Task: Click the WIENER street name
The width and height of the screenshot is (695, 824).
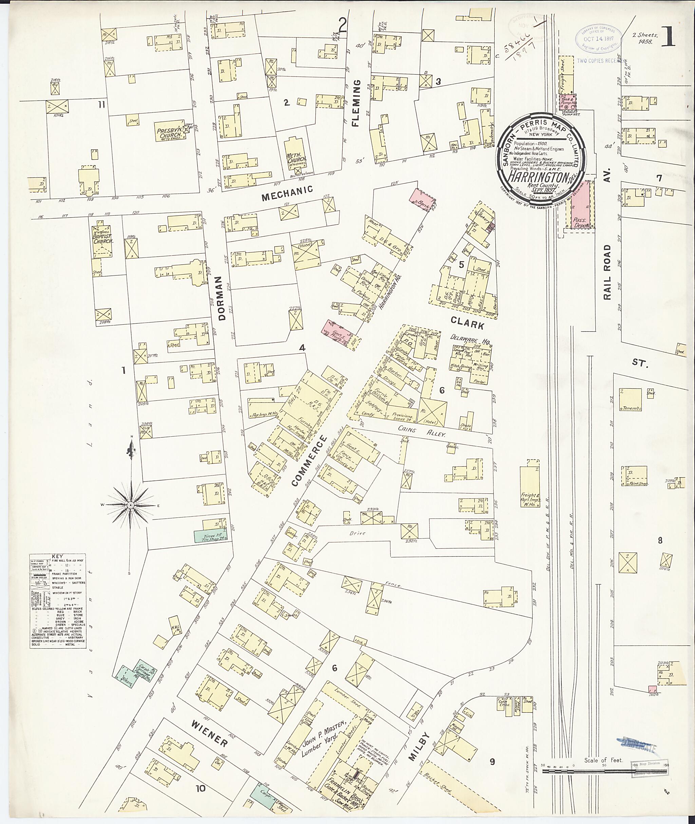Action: point(210,733)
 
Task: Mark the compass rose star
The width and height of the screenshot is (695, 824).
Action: point(130,505)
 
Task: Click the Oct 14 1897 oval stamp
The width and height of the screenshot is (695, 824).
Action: point(599,39)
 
